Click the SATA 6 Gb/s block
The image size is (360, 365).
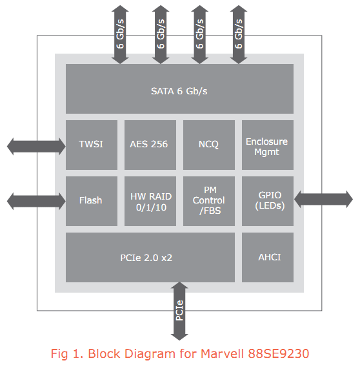coord(179,89)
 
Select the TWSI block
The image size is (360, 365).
coord(92,145)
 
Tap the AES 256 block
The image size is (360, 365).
coord(150,145)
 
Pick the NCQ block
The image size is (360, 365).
coord(209,145)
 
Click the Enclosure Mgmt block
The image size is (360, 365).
coord(268,145)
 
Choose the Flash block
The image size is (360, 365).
coord(92,201)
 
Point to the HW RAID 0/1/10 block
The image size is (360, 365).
coord(150,201)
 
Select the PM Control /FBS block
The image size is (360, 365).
coord(209,201)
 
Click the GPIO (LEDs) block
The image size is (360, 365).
coord(268,201)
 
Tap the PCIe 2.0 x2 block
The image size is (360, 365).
coord(150,257)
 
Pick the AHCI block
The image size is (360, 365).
coord(268,257)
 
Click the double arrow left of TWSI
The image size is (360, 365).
coord(36,147)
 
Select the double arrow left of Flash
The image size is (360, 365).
coord(36,201)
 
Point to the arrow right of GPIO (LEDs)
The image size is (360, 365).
coord(323,199)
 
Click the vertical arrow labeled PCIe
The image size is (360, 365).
coord(179,311)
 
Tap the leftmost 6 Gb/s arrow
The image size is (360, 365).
coord(120,34)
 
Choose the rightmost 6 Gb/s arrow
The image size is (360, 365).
coord(239,34)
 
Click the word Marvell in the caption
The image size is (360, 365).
coord(222,353)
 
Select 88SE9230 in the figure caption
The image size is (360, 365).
coord(279,353)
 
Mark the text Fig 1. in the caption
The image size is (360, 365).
coord(67,354)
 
